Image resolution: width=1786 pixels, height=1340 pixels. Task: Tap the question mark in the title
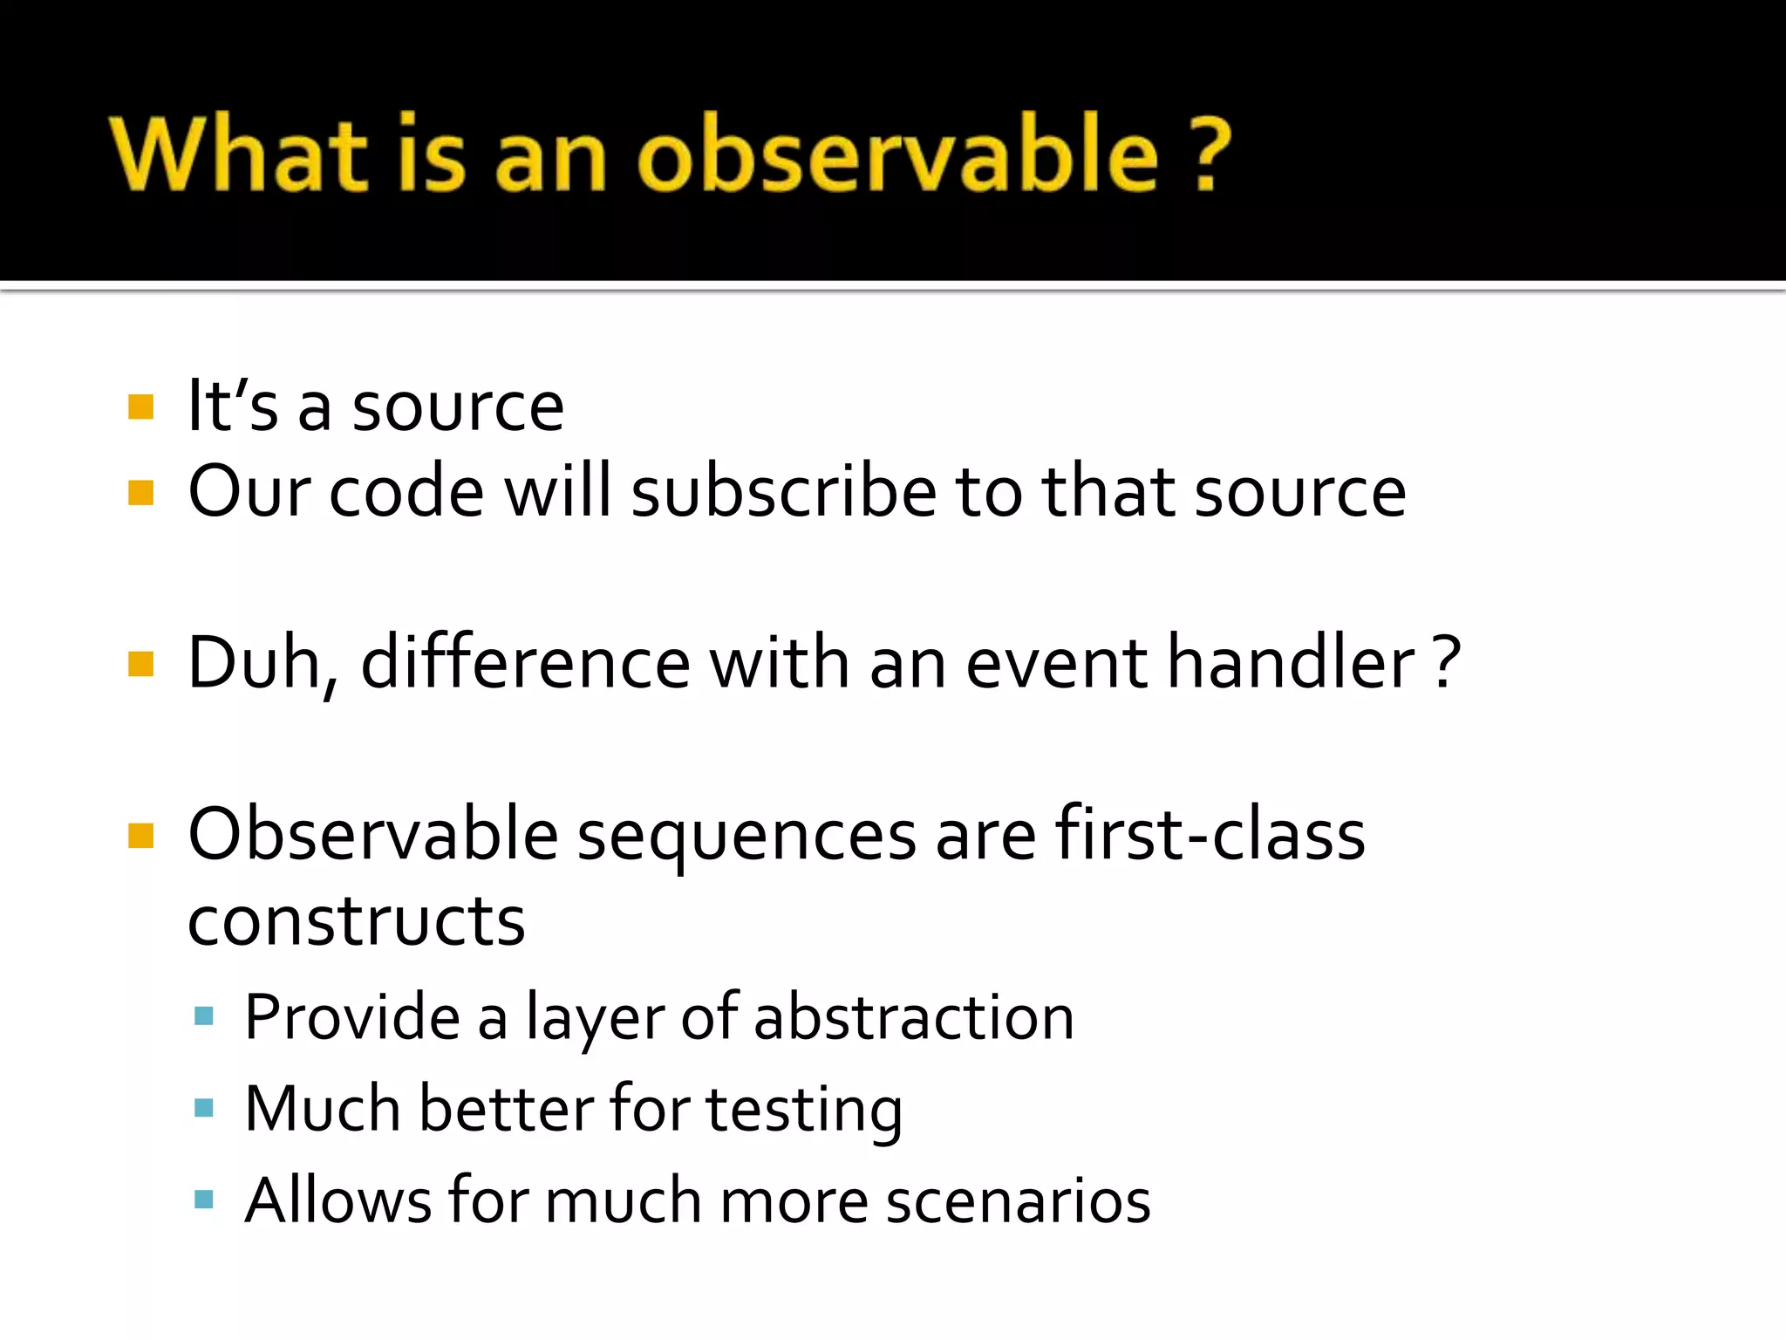pyautogui.click(x=1209, y=155)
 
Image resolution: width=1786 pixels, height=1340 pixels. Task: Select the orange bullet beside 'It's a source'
pyautogui.click(x=141, y=407)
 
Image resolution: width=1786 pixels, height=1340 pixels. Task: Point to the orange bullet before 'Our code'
pyautogui.click(x=141, y=493)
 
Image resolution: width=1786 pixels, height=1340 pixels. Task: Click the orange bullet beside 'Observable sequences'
pyautogui.click(x=141, y=836)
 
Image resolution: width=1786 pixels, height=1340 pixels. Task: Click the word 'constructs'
pyautogui.click(x=356, y=921)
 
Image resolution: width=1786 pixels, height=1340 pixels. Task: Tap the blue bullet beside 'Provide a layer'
pyautogui.click(x=204, y=1015)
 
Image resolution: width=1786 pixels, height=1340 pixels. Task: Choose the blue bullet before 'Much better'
pyautogui.click(x=204, y=1108)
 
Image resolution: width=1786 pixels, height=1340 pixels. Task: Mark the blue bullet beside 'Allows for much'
pyautogui.click(x=204, y=1200)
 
